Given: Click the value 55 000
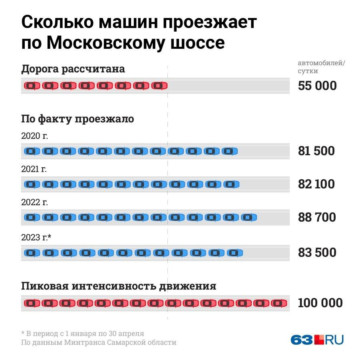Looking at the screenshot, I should click(317, 86).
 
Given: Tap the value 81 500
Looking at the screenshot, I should click(316, 151).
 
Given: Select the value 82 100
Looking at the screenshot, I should click(316, 184).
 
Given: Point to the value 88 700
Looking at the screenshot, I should click(316, 218).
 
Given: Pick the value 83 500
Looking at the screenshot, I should click(316, 253).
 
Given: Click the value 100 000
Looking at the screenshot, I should click(320, 303).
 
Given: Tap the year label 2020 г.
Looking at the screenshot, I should click(34, 136).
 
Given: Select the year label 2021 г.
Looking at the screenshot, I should click(34, 169).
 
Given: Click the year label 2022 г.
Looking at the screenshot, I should click(34, 202).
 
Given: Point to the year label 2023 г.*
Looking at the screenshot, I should click(36, 238).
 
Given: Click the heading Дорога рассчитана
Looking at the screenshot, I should click(73, 69).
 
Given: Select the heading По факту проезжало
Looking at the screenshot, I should click(78, 119).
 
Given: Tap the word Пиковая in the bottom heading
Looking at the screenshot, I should click(45, 286).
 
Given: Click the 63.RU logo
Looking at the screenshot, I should click(317, 340).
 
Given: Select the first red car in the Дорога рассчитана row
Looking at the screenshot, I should click(32, 86).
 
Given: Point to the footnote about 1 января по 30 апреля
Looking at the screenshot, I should click(82, 333).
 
